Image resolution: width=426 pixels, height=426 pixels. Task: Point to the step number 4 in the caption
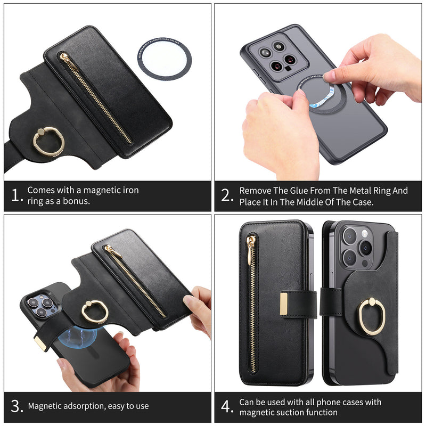click(227, 407)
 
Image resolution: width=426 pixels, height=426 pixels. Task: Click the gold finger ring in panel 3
click(94, 311)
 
